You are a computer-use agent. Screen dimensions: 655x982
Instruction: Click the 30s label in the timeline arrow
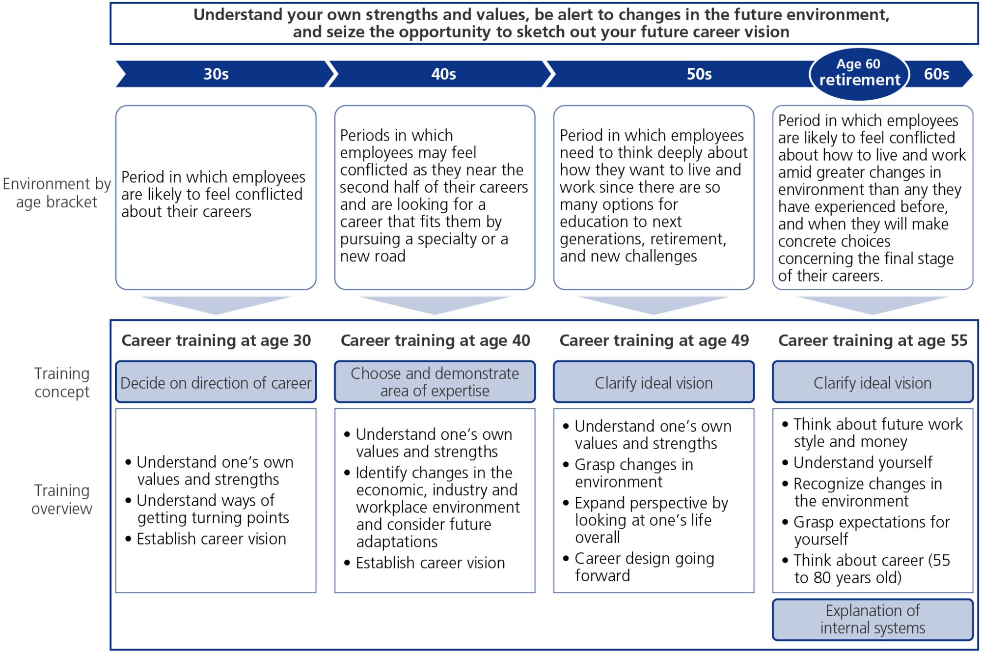[x=216, y=74]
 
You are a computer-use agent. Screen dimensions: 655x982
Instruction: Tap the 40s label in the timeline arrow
[x=443, y=74]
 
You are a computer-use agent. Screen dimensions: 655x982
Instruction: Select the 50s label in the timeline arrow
[x=699, y=74]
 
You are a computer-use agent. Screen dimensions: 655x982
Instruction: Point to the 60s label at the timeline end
[x=936, y=74]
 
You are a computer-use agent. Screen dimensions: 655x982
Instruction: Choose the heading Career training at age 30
[x=216, y=341]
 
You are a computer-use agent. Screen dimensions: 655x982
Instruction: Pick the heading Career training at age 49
[x=654, y=341]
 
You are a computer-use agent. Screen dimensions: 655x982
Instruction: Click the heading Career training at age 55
[x=873, y=341]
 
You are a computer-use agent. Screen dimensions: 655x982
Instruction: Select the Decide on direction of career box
[x=216, y=382]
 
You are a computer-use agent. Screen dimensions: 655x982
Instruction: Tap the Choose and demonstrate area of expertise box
[x=435, y=382]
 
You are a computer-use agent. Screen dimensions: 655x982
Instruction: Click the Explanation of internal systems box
[x=873, y=619]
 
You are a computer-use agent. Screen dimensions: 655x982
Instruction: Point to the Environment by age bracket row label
[x=56, y=193]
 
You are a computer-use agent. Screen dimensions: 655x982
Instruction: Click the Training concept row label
[x=62, y=382]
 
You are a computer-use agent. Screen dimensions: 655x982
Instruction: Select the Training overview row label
[x=62, y=499]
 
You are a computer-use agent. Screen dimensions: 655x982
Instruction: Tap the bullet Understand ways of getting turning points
[x=213, y=509]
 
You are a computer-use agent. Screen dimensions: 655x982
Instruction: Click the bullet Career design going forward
[x=644, y=567]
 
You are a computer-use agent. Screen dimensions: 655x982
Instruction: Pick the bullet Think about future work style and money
[x=877, y=433]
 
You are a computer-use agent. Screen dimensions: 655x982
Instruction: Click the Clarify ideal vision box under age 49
[x=654, y=382]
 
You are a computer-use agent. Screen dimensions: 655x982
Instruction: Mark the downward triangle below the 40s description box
[x=435, y=305]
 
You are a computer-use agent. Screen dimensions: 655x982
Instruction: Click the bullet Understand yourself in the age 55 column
[x=863, y=462]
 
